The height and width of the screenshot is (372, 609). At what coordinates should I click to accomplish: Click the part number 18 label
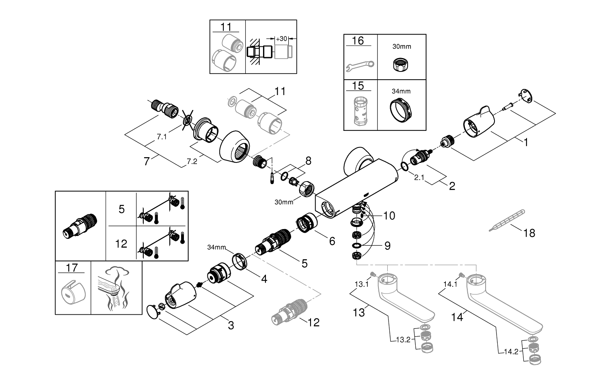529,233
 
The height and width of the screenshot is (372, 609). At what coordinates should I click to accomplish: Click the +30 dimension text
281,39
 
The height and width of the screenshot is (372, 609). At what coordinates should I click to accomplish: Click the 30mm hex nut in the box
402,64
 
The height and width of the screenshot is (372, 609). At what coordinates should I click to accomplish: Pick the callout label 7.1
162,137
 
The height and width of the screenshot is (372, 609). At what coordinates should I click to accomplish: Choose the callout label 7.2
192,161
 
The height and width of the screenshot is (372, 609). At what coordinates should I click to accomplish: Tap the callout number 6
332,241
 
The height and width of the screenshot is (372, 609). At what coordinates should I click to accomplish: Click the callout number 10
389,216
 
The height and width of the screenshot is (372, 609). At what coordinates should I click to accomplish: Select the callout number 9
387,246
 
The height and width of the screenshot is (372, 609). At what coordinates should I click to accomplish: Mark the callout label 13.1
361,284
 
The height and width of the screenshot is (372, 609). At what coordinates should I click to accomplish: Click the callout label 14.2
511,352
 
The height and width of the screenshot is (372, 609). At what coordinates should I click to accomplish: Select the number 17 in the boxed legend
72,268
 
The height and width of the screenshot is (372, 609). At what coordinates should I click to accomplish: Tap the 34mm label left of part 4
216,247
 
